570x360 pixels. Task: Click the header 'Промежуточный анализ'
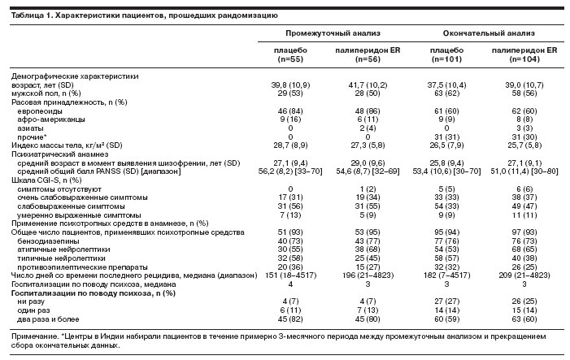[x=333, y=33]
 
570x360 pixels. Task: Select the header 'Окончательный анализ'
[x=489, y=33]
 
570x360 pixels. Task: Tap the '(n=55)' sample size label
[x=290, y=59]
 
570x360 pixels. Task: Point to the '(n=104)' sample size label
[x=524, y=59]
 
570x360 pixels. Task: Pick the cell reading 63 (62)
[x=446, y=93]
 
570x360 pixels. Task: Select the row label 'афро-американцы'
[x=51, y=119]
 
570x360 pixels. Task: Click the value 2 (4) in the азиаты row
[x=368, y=128]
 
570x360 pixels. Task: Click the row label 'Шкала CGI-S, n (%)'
[x=46, y=180]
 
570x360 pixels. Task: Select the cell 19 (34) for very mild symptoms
[x=368, y=197]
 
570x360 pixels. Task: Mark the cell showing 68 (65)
[x=524, y=249]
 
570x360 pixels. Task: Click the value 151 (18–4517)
[x=290, y=275]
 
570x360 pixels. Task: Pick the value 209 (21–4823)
[x=524, y=275]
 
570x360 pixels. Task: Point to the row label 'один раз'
[x=33, y=310]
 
